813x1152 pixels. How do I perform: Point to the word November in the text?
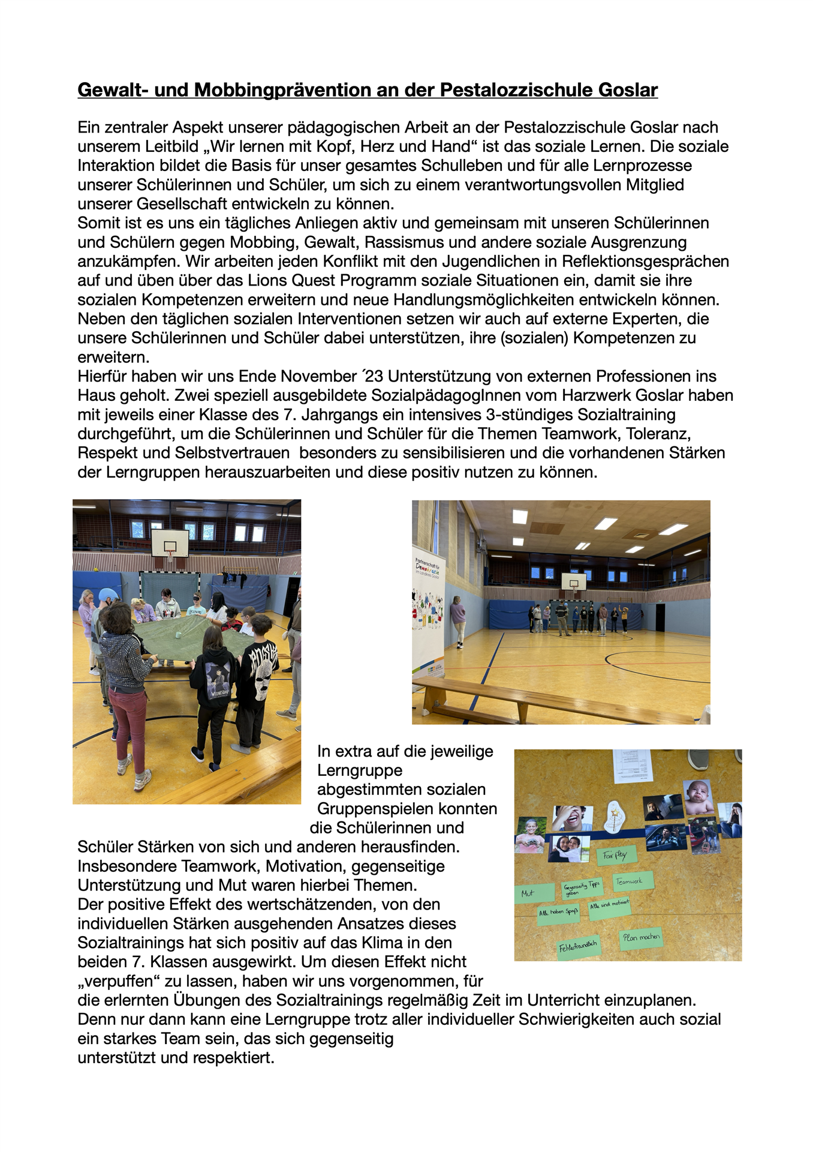pos(318,377)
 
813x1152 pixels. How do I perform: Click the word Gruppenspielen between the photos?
pos(407,809)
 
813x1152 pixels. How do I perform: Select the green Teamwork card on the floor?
pos(631,881)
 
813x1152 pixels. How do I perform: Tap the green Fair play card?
pos(615,854)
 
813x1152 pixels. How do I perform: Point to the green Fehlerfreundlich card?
pos(578,947)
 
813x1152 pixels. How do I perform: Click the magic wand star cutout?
pos(614,816)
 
